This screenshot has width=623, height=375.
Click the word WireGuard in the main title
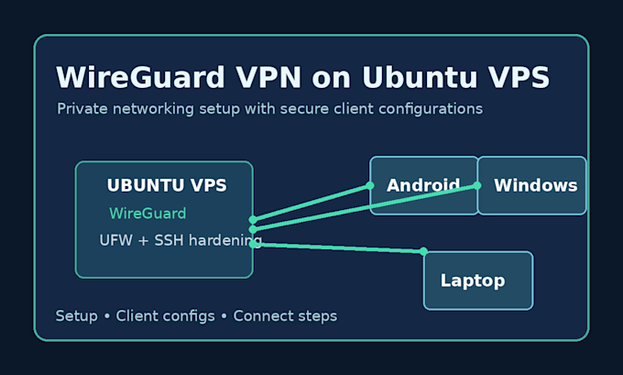(x=141, y=77)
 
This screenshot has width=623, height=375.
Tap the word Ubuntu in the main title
(x=420, y=77)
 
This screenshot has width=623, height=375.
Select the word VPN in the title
(x=268, y=77)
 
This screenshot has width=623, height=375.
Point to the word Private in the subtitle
(x=82, y=108)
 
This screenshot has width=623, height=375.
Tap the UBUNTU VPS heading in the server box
(x=167, y=185)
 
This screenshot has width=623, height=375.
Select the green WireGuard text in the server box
(x=148, y=214)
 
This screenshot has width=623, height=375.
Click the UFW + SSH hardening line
(x=180, y=240)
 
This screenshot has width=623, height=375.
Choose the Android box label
(x=423, y=185)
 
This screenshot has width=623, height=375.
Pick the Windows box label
(x=536, y=185)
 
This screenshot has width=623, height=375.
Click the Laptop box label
(x=473, y=281)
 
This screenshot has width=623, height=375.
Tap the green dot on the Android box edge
(x=370, y=185)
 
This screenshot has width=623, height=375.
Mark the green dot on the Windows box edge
(x=477, y=185)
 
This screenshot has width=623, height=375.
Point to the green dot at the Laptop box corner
(x=423, y=251)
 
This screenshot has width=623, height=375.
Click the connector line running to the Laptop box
(x=338, y=248)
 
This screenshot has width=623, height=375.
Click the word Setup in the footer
(x=77, y=316)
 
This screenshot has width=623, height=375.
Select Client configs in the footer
(x=165, y=316)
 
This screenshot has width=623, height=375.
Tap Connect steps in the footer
(x=285, y=316)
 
